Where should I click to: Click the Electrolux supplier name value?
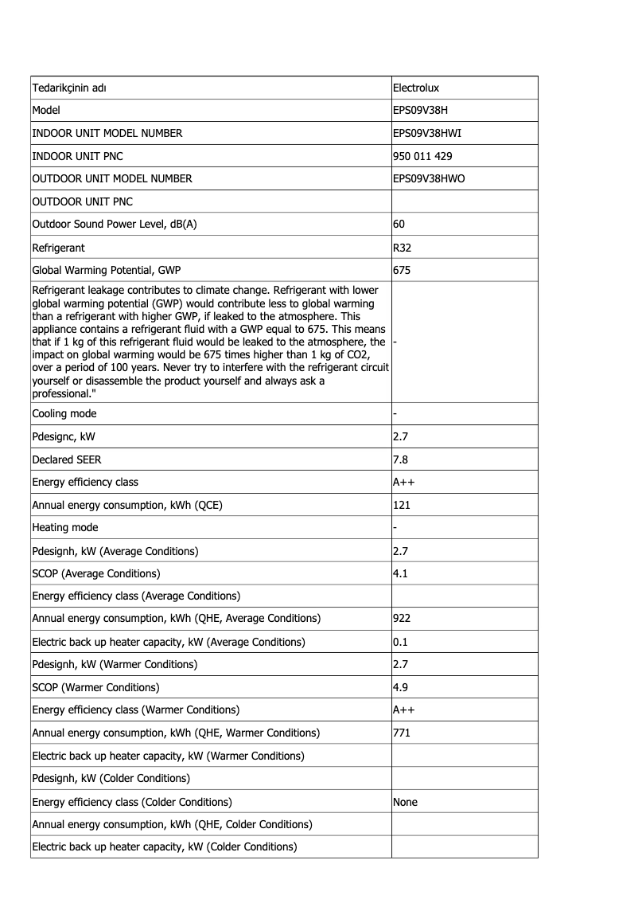[x=417, y=88]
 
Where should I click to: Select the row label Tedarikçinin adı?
[x=69, y=88]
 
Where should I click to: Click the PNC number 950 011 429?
[x=422, y=156]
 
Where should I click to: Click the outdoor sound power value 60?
[x=399, y=225]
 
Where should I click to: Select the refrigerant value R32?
[x=403, y=248]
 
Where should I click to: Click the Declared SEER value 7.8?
[x=401, y=459]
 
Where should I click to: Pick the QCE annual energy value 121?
[x=402, y=505]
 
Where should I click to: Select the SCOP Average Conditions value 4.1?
[x=401, y=573]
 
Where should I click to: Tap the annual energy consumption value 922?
[x=402, y=619]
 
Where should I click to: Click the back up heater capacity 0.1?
[x=401, y=642]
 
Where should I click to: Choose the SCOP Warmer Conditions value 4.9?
[x=401, y=687]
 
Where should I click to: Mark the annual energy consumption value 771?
[x=402, y=733]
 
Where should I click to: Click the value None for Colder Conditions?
[x=406, y=802]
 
